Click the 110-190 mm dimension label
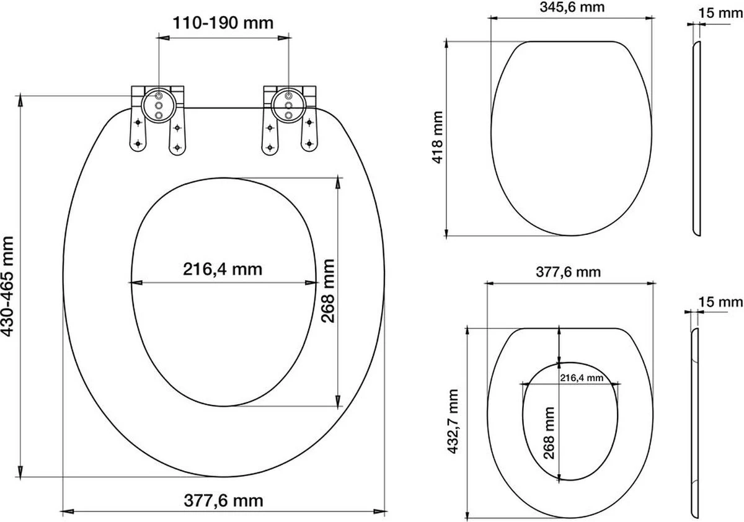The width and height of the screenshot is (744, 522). pyautogui.click(x=223, y=23)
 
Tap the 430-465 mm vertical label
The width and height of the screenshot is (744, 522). pyautogui.click(x=7, y=286)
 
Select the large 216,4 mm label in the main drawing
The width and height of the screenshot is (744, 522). pyautogui.click(x=223, y=269)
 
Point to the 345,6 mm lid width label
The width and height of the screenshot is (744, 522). pyautogui.click(x=572, y=7)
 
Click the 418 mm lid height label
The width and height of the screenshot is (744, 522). pyautogui.click(x=438, y=137)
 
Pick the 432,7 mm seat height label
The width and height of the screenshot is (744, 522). pyautogui.click(x=453, y=422)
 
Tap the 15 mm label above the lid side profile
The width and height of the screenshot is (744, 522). pyautogui.click(x=720, y=13)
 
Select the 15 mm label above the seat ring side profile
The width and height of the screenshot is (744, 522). pyautogui.click(x=720, y=302)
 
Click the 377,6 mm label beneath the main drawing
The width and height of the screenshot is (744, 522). pyautogui.click(x=224, y=500)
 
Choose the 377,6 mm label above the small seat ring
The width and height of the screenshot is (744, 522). pyautogui.click(x=569, y=272)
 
